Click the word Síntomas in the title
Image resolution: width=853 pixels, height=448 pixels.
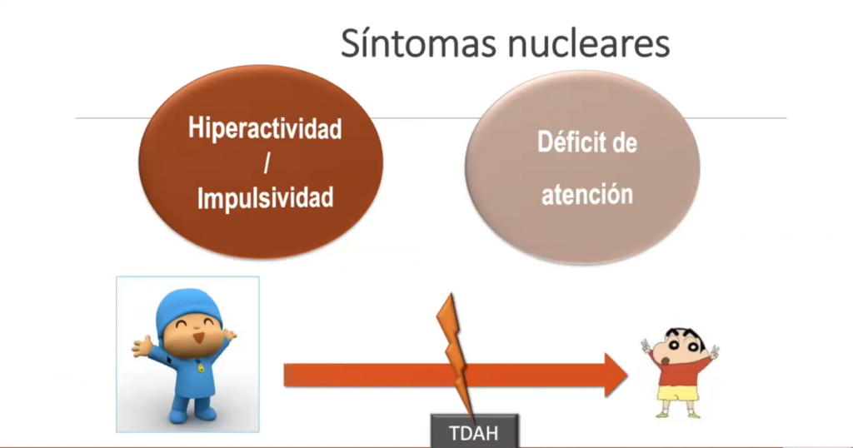[418, 43]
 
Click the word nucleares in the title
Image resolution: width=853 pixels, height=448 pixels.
[588, 43]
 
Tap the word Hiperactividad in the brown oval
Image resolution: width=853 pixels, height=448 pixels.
[265, 128]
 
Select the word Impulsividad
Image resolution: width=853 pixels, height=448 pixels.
[265, 198]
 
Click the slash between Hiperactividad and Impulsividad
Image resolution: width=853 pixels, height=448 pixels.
[267, 163]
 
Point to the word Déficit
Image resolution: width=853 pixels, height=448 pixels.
[571, 142]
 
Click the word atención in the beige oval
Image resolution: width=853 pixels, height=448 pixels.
[587, 195]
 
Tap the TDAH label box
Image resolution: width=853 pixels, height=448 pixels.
[474, 431]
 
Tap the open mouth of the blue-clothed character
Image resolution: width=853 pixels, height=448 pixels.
[199, 337]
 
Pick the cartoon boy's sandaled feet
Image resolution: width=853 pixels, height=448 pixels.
[678, 415]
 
